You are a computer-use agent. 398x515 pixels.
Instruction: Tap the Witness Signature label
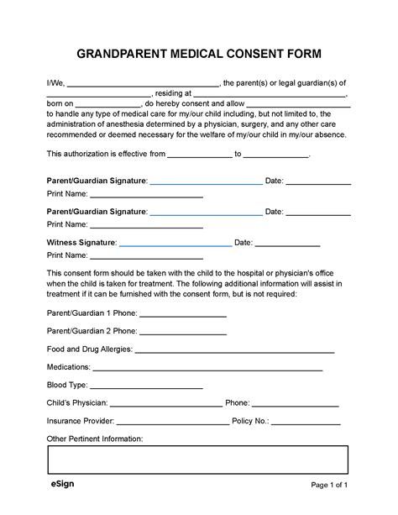[81, 243]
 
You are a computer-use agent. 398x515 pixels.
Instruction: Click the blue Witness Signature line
[175, 244]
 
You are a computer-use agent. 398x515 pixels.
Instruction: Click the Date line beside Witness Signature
[287, 244]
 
